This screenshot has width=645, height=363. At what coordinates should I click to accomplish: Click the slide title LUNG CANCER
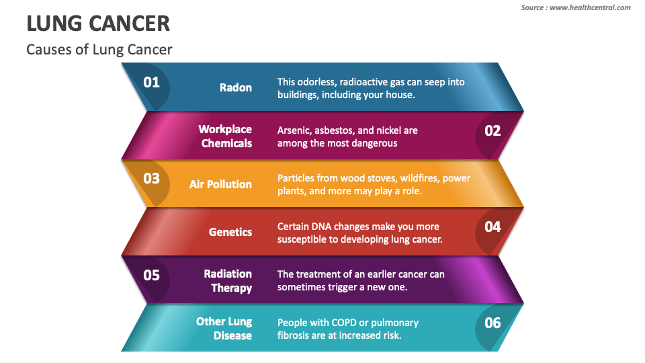[x=98, y=24]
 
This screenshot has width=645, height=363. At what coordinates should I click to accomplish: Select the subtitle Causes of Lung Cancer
[x=99, y=49]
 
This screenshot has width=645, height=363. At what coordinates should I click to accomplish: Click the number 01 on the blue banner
[x=151, y=82]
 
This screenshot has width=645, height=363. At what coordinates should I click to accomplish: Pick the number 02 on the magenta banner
[x=492, y=130]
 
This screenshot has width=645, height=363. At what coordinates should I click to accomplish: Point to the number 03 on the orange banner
[x=151, y=178]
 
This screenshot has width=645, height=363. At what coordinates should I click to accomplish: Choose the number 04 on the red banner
[x=492, y=227]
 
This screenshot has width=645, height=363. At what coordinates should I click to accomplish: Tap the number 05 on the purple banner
[x=151, y=275]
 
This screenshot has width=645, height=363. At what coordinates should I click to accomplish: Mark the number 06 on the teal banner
[x=492, y=323]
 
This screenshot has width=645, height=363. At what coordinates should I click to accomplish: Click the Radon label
[x=236, y=87]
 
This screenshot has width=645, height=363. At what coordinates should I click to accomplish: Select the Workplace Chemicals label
[x=226, y=136]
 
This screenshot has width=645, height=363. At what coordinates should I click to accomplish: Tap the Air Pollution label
[x=220, y=184]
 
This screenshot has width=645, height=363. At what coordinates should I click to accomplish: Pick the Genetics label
[x=230, y=232]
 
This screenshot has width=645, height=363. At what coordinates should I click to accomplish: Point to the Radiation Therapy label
[x=228, y=281]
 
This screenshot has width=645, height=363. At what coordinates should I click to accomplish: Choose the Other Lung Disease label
[x=224, y=329]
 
